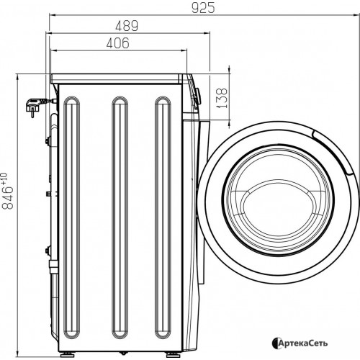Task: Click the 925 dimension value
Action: click(203, 9)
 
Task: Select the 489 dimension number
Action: click(127, 26)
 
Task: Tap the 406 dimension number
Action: click(117, 43)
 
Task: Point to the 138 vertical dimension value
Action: click(222, 98)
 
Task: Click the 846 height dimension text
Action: click(8, 197)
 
